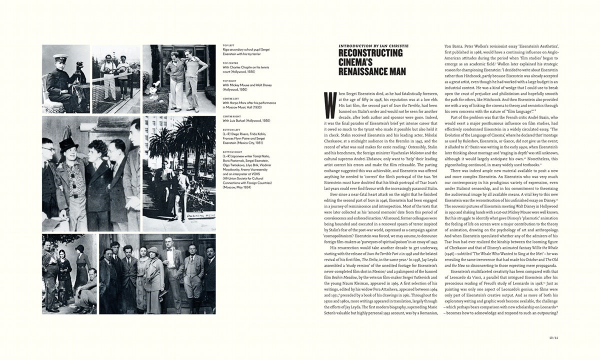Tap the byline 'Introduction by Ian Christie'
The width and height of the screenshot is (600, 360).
[x=373, y=45]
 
